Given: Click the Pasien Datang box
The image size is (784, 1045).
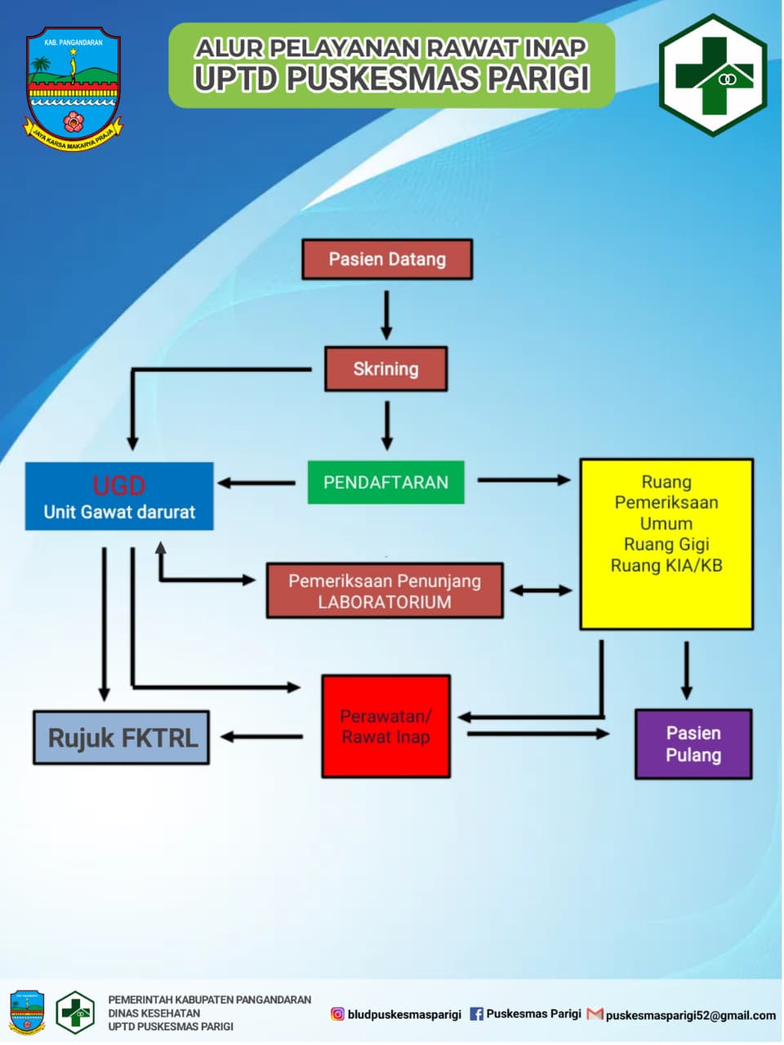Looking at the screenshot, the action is (387, 260).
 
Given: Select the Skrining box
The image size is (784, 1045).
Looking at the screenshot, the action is (385, 369).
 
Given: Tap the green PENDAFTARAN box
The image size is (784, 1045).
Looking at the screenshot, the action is (385, 482).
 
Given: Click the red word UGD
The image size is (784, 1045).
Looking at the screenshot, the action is (119, 486).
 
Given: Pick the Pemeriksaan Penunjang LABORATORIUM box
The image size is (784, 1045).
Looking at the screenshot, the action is (385, 591).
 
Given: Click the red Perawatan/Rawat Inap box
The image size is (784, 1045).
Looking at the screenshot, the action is (385, 726).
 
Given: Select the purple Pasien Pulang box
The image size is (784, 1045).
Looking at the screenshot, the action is (693, 744).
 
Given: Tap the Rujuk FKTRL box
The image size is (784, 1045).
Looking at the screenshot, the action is (121, 738).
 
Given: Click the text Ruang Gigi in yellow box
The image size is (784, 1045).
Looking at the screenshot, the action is (666, 545).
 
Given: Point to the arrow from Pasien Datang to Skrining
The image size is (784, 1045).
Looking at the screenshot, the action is (386, 314).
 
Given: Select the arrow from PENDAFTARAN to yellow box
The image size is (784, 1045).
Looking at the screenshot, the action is (523, 480).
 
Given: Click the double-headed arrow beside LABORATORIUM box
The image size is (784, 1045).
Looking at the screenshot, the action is (541, 590).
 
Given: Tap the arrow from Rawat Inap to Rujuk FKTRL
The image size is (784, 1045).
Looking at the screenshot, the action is (261, 737).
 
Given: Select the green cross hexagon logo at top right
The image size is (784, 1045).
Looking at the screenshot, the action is (713, 75).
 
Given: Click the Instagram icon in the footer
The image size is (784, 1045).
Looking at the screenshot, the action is (337, 1014).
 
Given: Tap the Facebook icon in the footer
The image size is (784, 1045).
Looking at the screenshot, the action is (477, 1014).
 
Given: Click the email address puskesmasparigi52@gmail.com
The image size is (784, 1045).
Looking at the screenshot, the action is (690, 1016).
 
